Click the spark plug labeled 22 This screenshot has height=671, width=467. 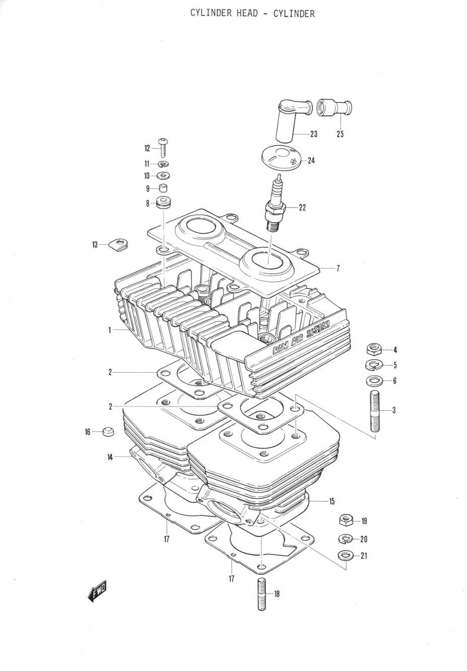(275, 204)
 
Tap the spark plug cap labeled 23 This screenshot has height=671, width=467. (291, 121)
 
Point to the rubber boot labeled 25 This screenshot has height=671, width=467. (334, 108)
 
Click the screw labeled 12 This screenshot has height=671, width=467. (163, 148)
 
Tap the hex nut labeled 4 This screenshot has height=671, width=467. (374, 349)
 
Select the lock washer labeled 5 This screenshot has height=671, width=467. (374, 365)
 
